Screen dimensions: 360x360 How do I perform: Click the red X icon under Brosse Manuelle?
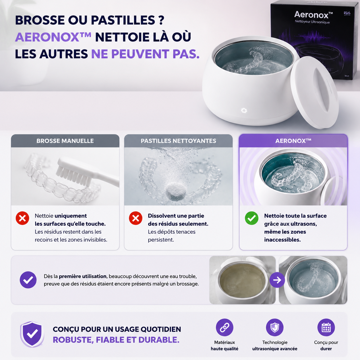[22, 218]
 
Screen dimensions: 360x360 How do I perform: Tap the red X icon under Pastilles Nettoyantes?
[136, 218]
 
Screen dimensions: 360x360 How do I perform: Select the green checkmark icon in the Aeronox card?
[252, 218]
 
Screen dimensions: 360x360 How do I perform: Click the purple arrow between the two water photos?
[277, 280]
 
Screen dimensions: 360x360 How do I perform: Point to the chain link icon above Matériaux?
[224, 328]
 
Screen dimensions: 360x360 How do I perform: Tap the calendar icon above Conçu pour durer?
[326, 328]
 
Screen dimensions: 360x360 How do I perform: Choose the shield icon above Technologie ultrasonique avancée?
[275, 328]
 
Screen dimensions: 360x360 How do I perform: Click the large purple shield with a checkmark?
[32, 334]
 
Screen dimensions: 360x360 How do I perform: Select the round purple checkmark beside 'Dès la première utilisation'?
[28, 280]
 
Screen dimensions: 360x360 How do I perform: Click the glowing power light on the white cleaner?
[244, 111]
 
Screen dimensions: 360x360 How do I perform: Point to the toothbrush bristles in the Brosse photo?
[73, 174]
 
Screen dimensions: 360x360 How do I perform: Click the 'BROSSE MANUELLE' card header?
[65, 141]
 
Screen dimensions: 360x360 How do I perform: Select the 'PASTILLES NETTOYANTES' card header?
[178, 141]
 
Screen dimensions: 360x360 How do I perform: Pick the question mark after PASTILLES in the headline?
[161, 20]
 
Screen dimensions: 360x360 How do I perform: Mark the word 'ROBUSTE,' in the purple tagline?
[73, 340]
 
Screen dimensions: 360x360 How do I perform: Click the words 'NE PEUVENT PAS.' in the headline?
[145, 54]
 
